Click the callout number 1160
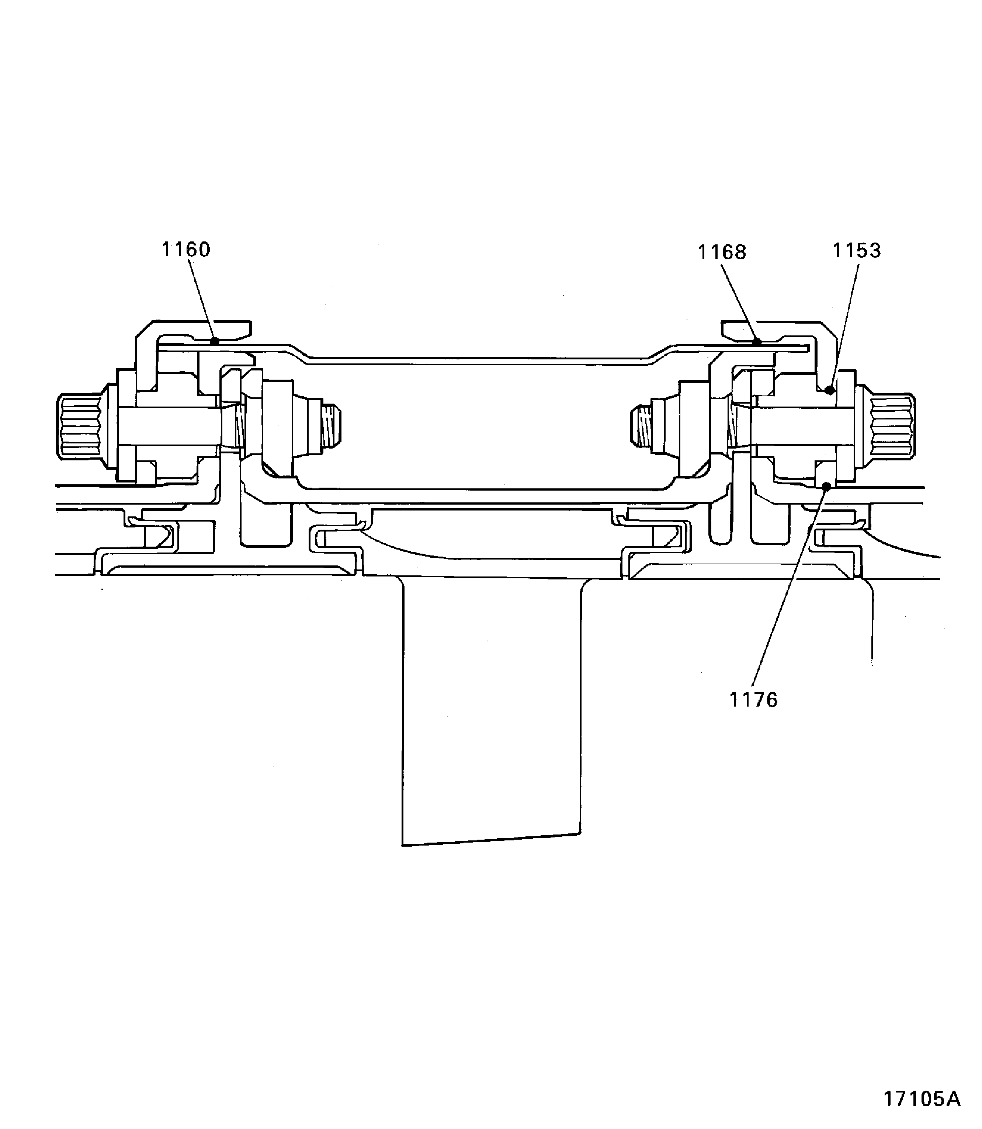click(x=186, y=250)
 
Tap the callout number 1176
click(x=753, y=700)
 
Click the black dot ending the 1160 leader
click(x=215, y=341)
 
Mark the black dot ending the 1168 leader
click(x=757, y=342)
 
